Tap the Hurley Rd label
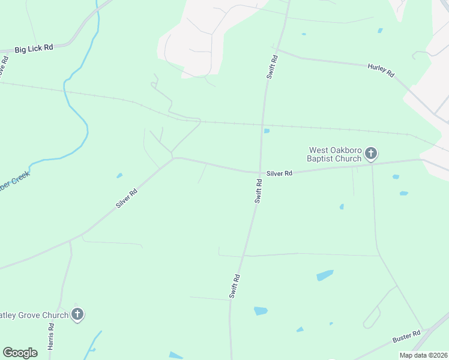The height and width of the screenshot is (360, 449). [381, 70]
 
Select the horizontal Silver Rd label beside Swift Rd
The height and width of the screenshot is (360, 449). [279, 173]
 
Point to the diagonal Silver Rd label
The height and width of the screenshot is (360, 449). [127, 199]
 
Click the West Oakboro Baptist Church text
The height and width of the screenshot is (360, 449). [335, 154]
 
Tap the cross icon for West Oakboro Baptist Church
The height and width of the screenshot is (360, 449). [371, 154]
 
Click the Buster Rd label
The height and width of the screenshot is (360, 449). [407, 338]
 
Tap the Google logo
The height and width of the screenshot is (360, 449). [20, 353]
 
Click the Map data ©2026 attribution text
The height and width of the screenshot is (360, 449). [423, 355]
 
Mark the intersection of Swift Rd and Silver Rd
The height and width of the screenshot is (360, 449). [260, 173]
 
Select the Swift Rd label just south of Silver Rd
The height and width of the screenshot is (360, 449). [258, 196]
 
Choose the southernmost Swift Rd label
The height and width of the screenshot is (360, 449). [235, 286]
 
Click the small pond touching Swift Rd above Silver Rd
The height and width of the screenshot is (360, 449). [267, 131]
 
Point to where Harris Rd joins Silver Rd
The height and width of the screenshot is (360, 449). [70, 241]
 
